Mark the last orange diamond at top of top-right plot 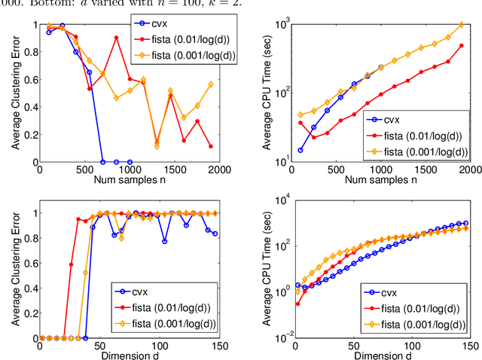(462, 25)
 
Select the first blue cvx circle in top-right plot (300, 150)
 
